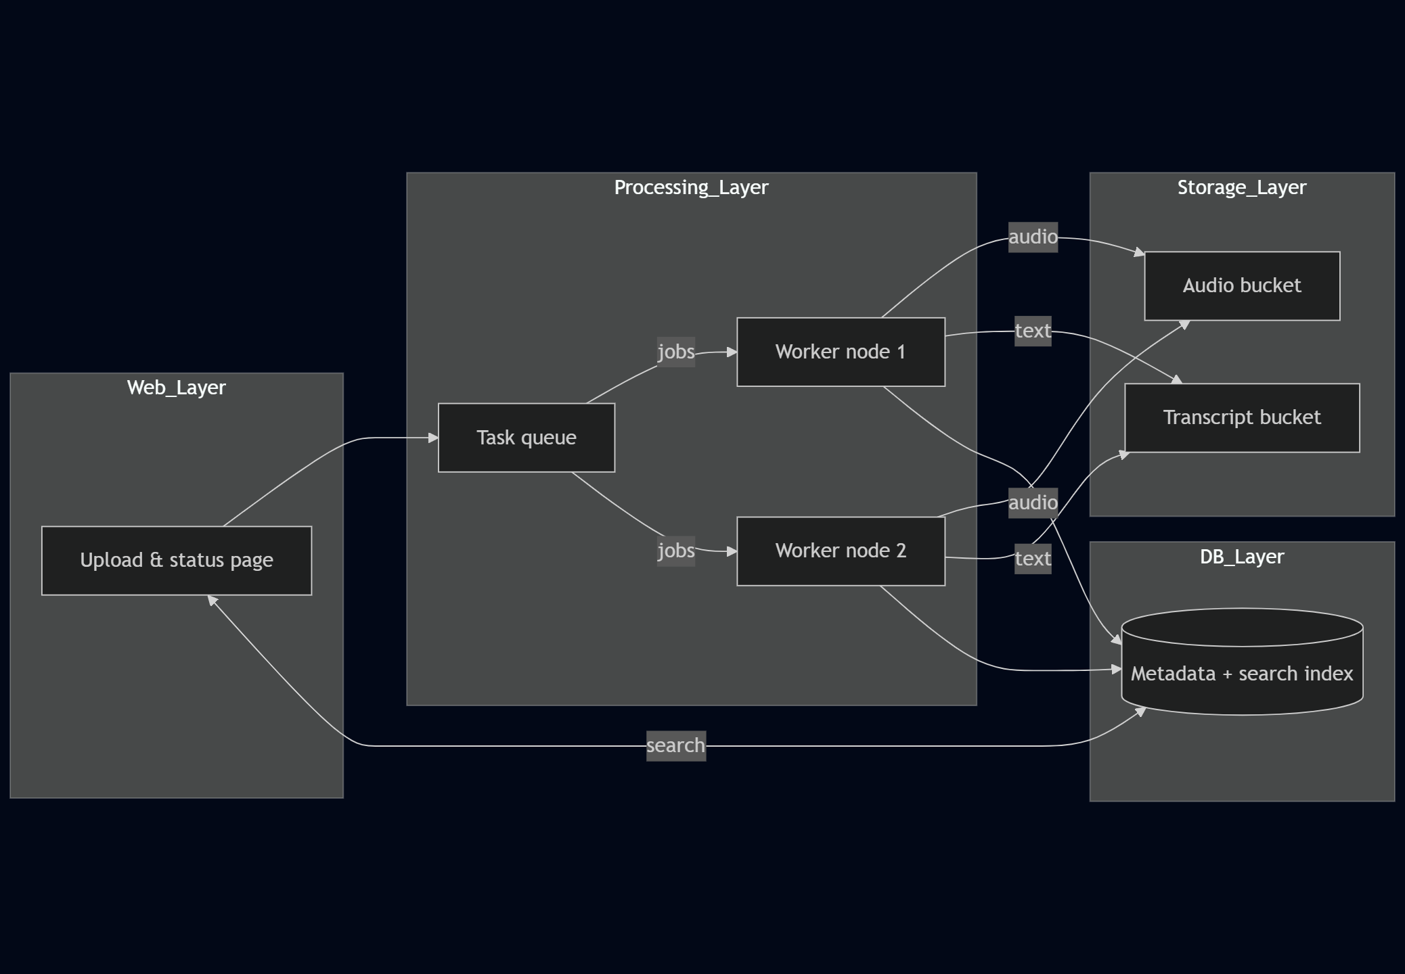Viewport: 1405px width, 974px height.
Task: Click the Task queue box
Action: (x=526, y=438)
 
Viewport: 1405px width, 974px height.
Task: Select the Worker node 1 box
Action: (x=840, y=352)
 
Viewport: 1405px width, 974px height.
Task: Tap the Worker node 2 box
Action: (x=840, y=551)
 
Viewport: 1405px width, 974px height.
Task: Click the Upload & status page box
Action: (x=176, y=560)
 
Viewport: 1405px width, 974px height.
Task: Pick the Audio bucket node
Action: (x=1241, y=285)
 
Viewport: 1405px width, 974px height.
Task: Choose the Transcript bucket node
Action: (x=1241, y=417)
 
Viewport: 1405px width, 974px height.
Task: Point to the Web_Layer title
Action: (x=176, y=388)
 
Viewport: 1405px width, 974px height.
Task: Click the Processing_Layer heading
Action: (x=690, y=187)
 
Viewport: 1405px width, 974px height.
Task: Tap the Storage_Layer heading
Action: (x=1241, y=187)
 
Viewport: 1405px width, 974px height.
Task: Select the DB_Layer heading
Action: (x=1241, y=557)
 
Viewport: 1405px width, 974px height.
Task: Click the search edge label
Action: (x=675, y=745)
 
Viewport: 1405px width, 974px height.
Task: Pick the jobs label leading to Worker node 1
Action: (x=675, y=352)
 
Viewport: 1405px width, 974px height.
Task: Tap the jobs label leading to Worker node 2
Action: (x=675, y=551)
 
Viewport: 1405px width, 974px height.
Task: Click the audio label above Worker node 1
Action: (x=1032, y=237)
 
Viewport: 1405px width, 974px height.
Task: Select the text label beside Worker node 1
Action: (x=1032, y=331)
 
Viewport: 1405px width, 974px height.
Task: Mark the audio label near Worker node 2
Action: (x=1032, y=503)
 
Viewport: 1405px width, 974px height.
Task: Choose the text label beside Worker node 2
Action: (x=1032, y=559)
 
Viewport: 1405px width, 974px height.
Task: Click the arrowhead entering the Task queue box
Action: (x=434, y=438)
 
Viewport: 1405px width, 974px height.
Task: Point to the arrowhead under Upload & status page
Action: (x=212, y=600)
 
